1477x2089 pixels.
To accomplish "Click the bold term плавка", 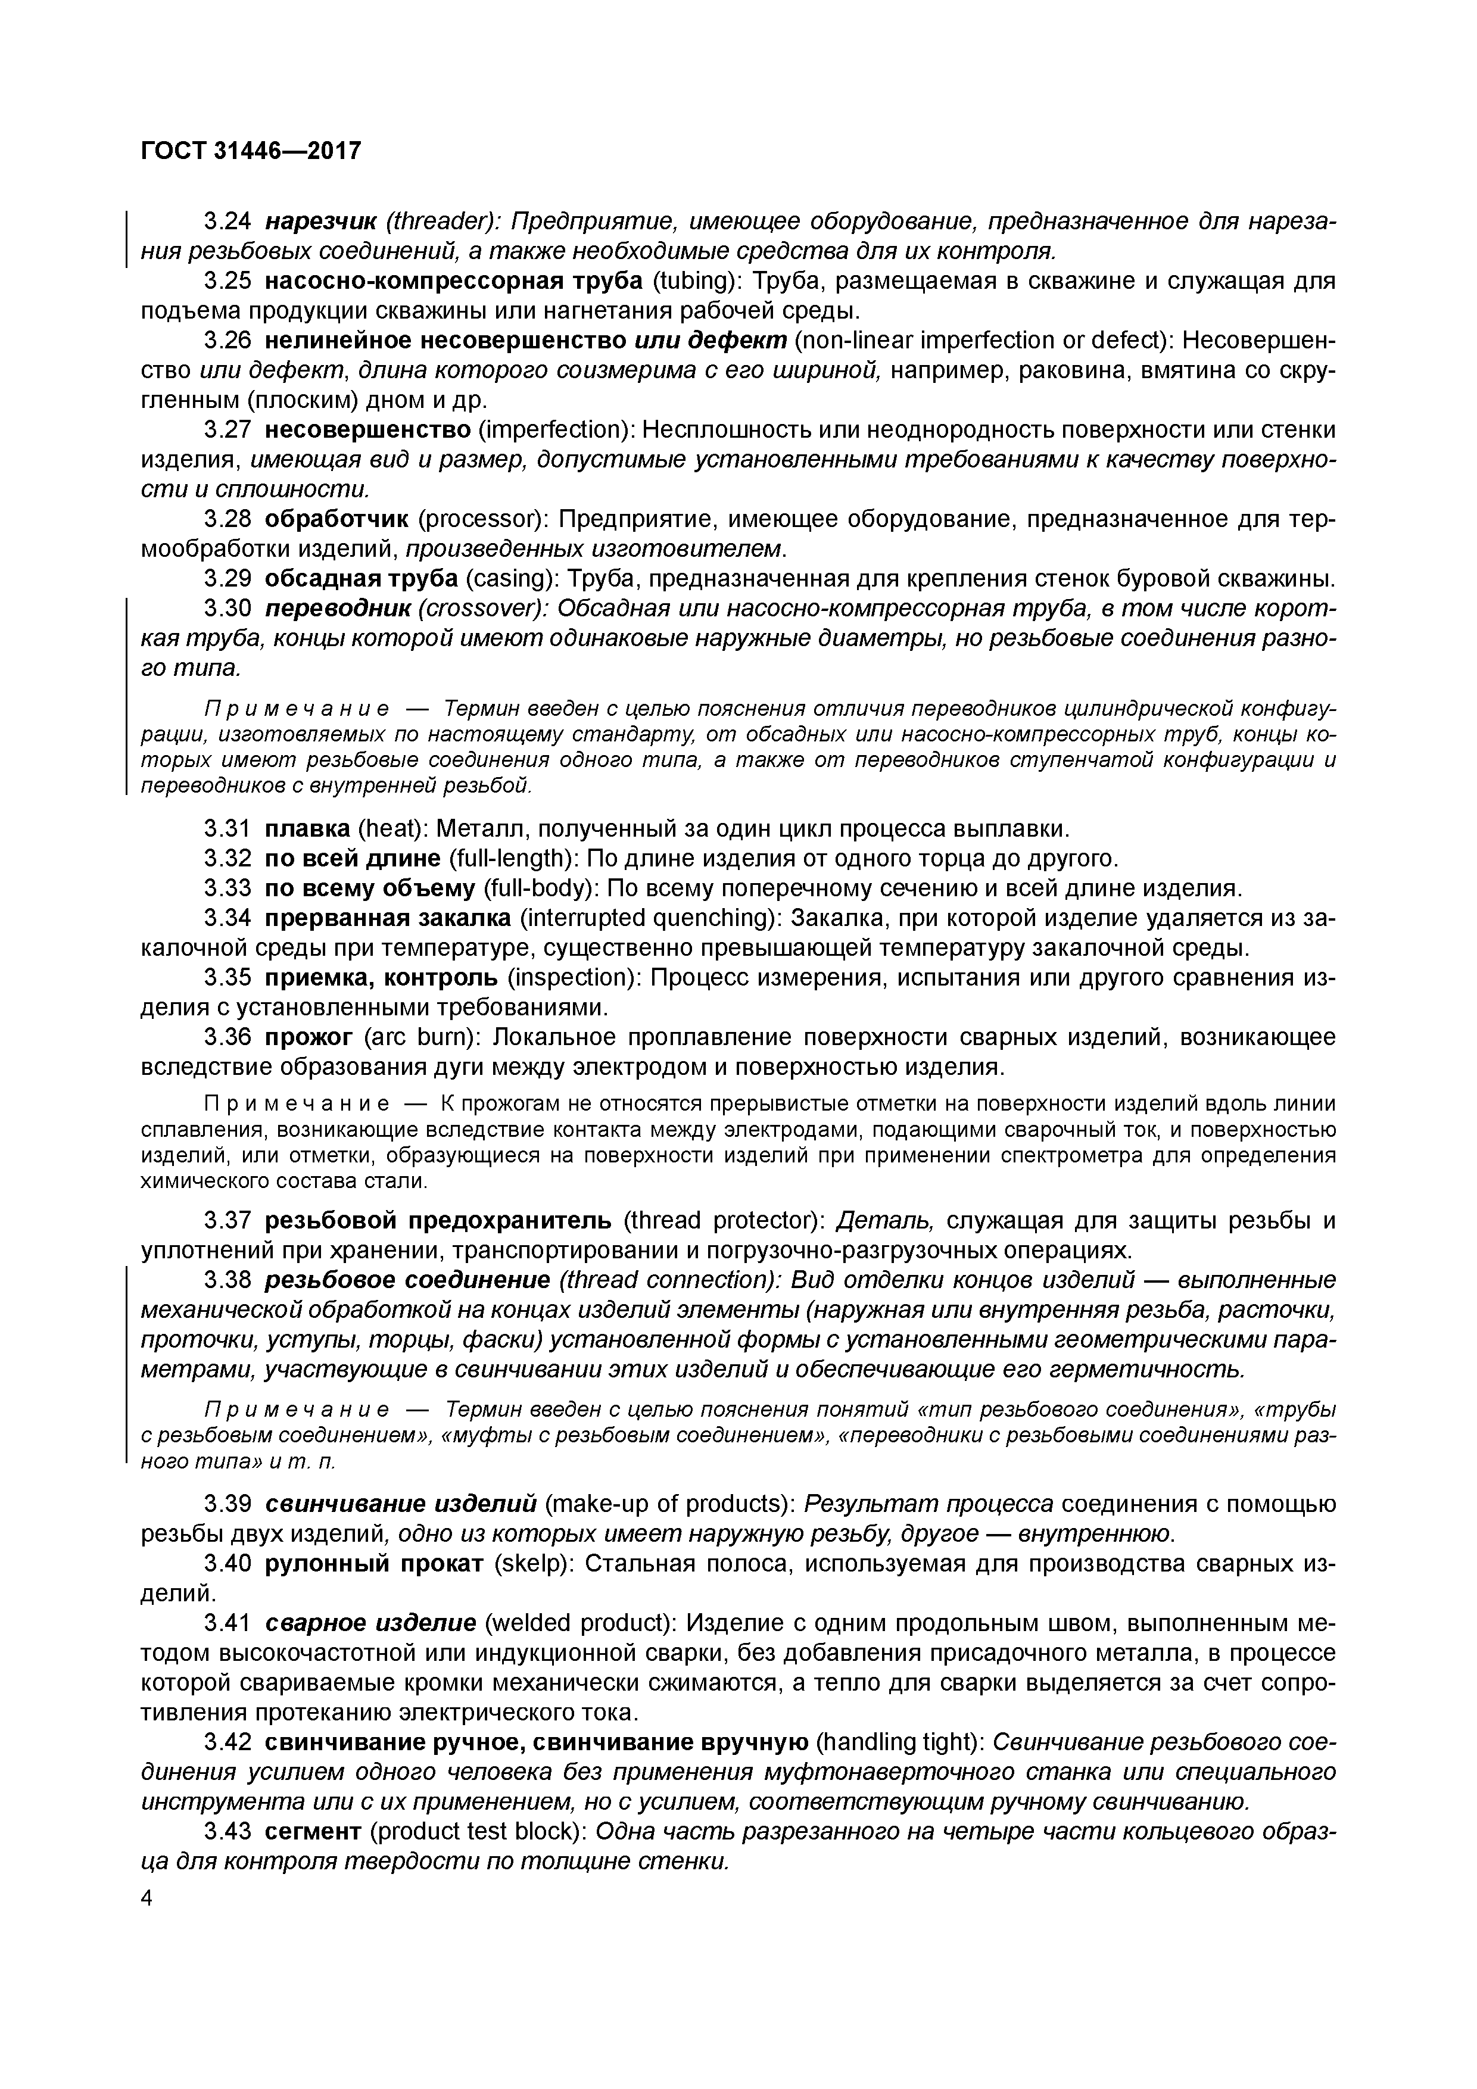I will coord(307,829).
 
